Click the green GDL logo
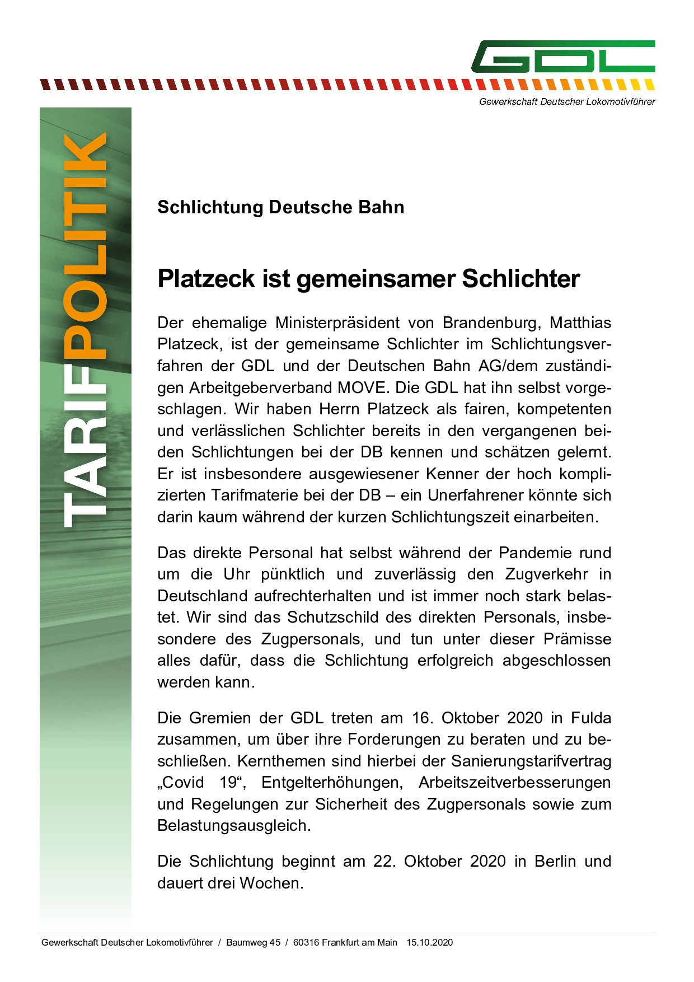click(563, 57)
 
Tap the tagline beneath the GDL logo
click(567, 101)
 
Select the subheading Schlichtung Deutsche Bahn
click(280, 207)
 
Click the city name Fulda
click(591, 718)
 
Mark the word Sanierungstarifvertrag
click(531, 761)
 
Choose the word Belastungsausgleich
click(234, 826)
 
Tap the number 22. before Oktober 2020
click(384, 862)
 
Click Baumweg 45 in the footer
click(253, 942)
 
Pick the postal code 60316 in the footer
click(306, 942)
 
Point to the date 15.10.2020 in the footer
click(429, 942)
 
